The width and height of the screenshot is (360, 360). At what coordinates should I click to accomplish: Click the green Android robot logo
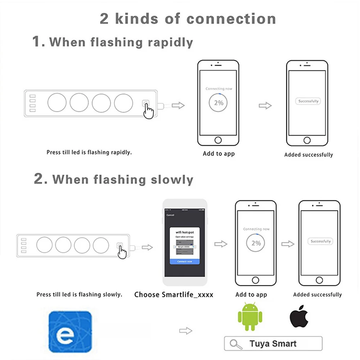point(250,317)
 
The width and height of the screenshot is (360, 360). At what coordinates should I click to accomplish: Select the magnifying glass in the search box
point(236,344)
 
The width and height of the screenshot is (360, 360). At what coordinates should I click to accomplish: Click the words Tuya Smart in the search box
point(273,344)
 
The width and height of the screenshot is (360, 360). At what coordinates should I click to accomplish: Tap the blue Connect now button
point(184,261)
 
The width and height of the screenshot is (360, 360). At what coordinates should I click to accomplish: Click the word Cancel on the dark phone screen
point(170,215)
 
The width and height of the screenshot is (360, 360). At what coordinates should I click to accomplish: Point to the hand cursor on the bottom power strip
point(122,252)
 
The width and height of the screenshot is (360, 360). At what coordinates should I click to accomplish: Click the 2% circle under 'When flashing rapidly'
point(219,103)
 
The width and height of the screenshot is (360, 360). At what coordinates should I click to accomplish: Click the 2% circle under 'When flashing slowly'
point(256,243)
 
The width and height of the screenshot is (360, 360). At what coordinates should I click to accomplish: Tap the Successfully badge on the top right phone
point(308,102)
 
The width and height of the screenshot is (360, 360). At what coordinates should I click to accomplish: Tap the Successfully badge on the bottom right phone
point(320,241)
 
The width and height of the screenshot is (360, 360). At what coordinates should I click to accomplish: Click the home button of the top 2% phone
point(218,140)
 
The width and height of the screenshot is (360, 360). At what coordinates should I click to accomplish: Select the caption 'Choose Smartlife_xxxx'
point(174,295)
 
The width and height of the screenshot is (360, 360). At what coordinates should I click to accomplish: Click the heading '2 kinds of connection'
point(188,19)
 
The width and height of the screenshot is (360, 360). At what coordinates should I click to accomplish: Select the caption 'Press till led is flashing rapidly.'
point(89,152)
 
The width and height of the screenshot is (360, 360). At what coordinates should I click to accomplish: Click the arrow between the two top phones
point(265,105)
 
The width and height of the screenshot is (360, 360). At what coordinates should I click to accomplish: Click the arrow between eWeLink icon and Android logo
point(186,331)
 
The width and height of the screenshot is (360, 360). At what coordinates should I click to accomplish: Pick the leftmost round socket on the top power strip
point(57,103)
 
